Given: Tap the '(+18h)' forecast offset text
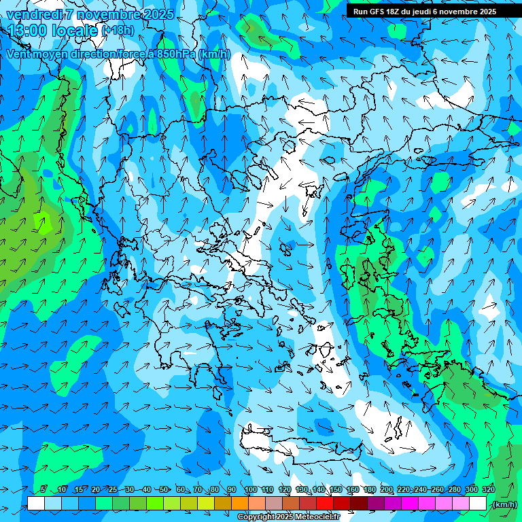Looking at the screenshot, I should pos(118,31).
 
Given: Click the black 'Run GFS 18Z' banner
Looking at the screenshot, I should pos(424,11).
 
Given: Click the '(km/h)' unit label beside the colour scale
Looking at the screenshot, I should pos(504,504).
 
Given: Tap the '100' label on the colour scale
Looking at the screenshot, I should pos(251,489).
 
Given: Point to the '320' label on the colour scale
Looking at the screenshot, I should pos(489,489).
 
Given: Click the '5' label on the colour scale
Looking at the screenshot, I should pos(43,489).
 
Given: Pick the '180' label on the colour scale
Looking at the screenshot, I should pos(369,489).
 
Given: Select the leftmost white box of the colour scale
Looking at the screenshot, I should pos(36,504).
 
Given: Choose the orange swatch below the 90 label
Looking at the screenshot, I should pos(240,504).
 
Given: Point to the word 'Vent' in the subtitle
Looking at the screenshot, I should pos(18,54).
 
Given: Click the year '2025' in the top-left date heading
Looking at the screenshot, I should pos(158,14).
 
